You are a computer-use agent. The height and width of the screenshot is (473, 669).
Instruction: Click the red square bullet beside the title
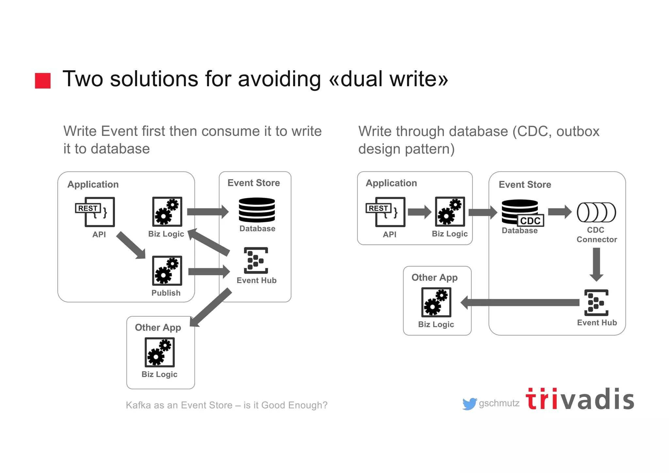(x=43, y=80)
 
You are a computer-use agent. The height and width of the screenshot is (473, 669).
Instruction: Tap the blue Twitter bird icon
(x=469, y=404)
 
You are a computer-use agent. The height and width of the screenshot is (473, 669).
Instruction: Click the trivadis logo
(x=580, y=399)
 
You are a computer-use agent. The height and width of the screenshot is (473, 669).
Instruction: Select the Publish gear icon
(x=167, y=271)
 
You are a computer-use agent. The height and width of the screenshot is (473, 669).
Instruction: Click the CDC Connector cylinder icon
(x=596, y=212)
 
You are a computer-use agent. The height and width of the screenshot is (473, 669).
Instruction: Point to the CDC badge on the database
(x=530, y=221)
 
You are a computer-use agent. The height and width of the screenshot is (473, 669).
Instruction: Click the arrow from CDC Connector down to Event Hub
(x=596, y=264)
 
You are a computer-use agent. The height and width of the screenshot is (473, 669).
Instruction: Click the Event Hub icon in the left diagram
(x=256, y=260)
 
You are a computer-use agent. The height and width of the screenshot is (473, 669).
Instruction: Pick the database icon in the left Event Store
(x=257, y=210)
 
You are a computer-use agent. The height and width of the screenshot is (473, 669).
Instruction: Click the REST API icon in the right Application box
(x=386, y=211)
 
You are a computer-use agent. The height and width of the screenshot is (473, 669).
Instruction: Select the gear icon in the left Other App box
(x=159, y=352)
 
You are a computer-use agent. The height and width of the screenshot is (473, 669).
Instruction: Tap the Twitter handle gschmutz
(x=499, y=403)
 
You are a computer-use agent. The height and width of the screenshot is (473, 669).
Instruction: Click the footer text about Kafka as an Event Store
(x=226, y=405)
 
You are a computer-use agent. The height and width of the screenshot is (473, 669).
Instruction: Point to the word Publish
(x=166, y=293)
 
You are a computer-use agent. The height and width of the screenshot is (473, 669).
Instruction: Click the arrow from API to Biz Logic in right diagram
(x=420, y=212)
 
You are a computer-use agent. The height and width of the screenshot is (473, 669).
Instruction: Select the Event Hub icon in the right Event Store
(x=596, y=302)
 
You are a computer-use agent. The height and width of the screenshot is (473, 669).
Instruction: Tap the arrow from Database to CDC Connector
(x=560, y=211)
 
